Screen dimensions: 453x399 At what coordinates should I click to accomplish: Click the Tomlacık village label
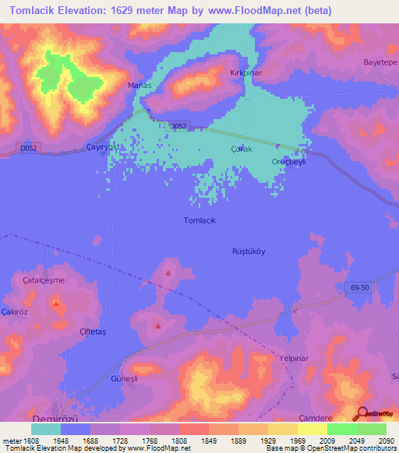click(x=199, y=220)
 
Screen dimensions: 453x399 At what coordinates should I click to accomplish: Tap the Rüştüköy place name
click(x=249, y=251)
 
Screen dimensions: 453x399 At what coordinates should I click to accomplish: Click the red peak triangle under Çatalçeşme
click(x=56, y=303)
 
